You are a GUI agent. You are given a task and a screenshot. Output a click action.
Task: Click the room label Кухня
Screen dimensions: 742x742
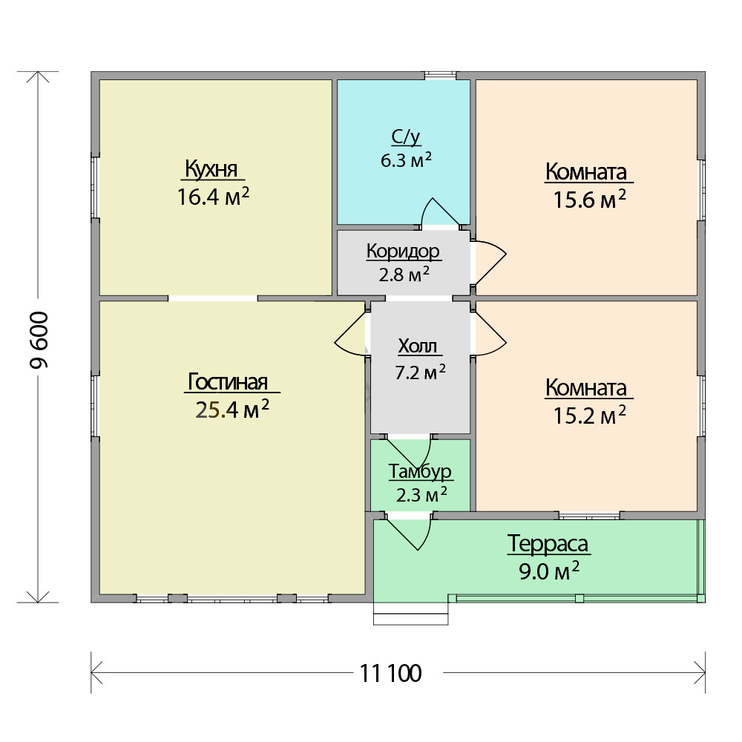[x=211, y=169]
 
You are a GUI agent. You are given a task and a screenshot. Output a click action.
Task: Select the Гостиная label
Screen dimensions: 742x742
[x=228, y=381]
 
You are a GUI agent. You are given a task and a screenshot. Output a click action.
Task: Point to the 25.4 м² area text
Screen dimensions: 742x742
[x=232, y=409]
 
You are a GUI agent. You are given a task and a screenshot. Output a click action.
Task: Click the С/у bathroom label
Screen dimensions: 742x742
[x=406, y=137]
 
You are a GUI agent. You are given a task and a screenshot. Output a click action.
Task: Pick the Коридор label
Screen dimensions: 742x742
[x=403, y=252]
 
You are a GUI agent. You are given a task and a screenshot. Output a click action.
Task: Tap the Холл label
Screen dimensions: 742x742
[x=418, y=346]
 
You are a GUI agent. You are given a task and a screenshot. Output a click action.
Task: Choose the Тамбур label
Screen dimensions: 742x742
[x=420, y=471]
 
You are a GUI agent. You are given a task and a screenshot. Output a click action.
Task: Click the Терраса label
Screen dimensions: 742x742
[x=548, y=544]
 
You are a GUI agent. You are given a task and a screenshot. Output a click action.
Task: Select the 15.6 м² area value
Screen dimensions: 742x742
[x=590, y=199]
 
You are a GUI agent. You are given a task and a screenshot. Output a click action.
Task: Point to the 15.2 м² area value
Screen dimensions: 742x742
[x=590, y=415]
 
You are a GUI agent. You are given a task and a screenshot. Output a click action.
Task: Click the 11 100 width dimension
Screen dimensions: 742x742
[x=391, y=673]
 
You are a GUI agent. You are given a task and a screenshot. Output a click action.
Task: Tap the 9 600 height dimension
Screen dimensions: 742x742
[x=39, y=340]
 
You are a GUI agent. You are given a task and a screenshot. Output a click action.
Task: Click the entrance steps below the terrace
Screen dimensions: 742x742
[x=411, y=614]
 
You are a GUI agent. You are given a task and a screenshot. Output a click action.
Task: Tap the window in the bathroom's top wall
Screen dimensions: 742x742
[x=440, y=75]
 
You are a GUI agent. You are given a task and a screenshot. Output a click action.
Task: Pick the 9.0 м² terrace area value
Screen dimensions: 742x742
[x=549, y=571]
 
